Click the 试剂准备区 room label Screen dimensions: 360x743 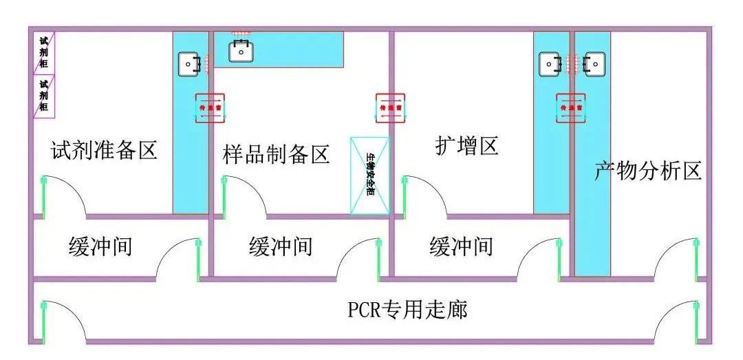pyautogui.click(x=104, y=149)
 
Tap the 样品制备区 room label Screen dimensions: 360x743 pyautogui.click(x=277, y=153)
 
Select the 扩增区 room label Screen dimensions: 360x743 pyautogui.click(x=466, y=145)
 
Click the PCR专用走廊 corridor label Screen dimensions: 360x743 pyautogui.click(x=407, y=310)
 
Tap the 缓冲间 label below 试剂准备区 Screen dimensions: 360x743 pyautogui.click(x=100, y=246)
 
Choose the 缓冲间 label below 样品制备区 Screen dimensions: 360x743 pyautogui.click(x=281, y=246)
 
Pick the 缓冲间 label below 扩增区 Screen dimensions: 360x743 pyautogui.click(x=461, y=246)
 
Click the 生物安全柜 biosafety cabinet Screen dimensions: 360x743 pyautogui.click(x=369, y=176)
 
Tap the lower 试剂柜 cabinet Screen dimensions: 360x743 pyautogui.click(x=43, y=95)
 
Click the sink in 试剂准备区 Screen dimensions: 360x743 pyautogui.click(x=189, y=64)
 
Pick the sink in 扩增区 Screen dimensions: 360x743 pyautogui.click(x=550, y=64)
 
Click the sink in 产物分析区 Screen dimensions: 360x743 pyautogui.click(x=594, y=64)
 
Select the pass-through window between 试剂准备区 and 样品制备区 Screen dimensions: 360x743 pyautogui.click(x=209, y=108)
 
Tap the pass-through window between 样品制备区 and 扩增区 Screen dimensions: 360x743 pyautogui.click(x=391, y=108)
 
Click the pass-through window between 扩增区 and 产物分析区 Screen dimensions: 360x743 pyautogui.click(x=572, y=108)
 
